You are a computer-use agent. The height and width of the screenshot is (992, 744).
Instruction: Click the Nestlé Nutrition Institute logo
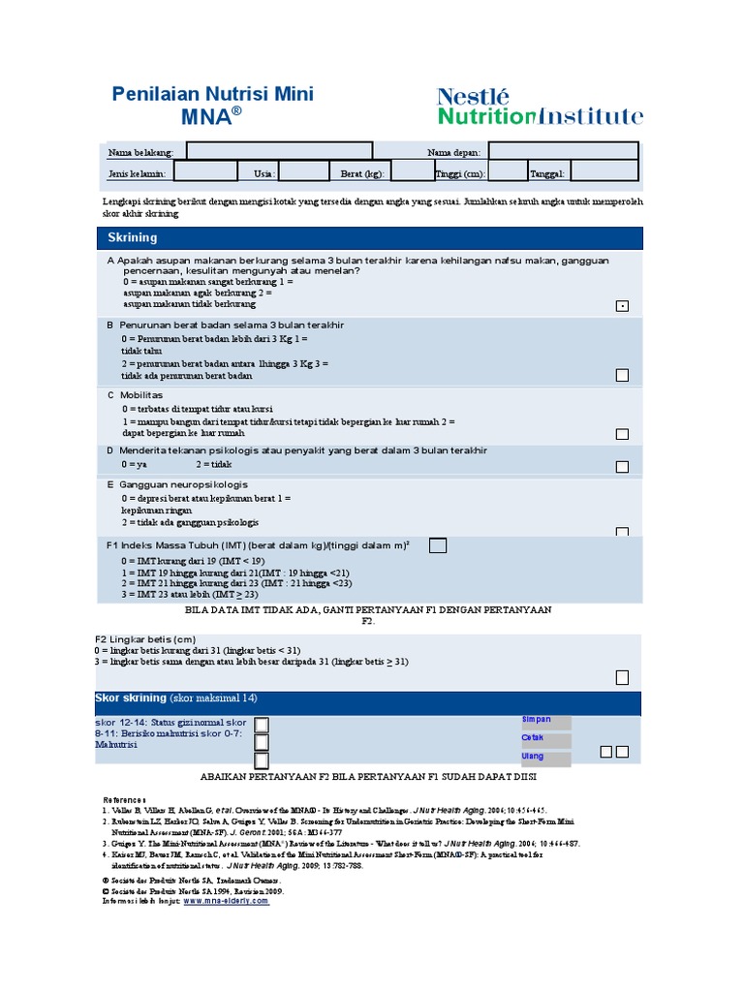540,107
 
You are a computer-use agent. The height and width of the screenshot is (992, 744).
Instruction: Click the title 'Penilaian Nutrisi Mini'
213,94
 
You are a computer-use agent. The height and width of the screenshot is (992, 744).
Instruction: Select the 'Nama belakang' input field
279,151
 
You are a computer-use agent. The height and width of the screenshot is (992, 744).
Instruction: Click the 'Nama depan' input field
563,151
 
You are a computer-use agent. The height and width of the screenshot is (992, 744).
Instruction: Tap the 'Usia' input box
303,172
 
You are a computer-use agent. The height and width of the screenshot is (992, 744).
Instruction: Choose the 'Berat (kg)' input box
412,172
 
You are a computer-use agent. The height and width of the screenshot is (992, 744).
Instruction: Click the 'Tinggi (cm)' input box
507,172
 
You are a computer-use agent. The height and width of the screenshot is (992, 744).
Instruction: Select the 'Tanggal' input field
604,172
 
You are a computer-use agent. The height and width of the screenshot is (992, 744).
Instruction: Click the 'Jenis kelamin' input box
205,172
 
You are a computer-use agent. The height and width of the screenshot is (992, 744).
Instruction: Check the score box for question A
622,306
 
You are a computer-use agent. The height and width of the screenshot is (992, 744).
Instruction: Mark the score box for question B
622,375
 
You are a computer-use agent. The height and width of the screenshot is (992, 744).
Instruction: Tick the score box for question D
622,466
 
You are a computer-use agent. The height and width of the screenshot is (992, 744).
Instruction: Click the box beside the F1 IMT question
438,545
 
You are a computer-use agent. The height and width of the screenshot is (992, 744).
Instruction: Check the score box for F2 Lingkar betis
622,677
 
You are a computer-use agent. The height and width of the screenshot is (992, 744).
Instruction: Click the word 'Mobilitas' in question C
141,395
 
